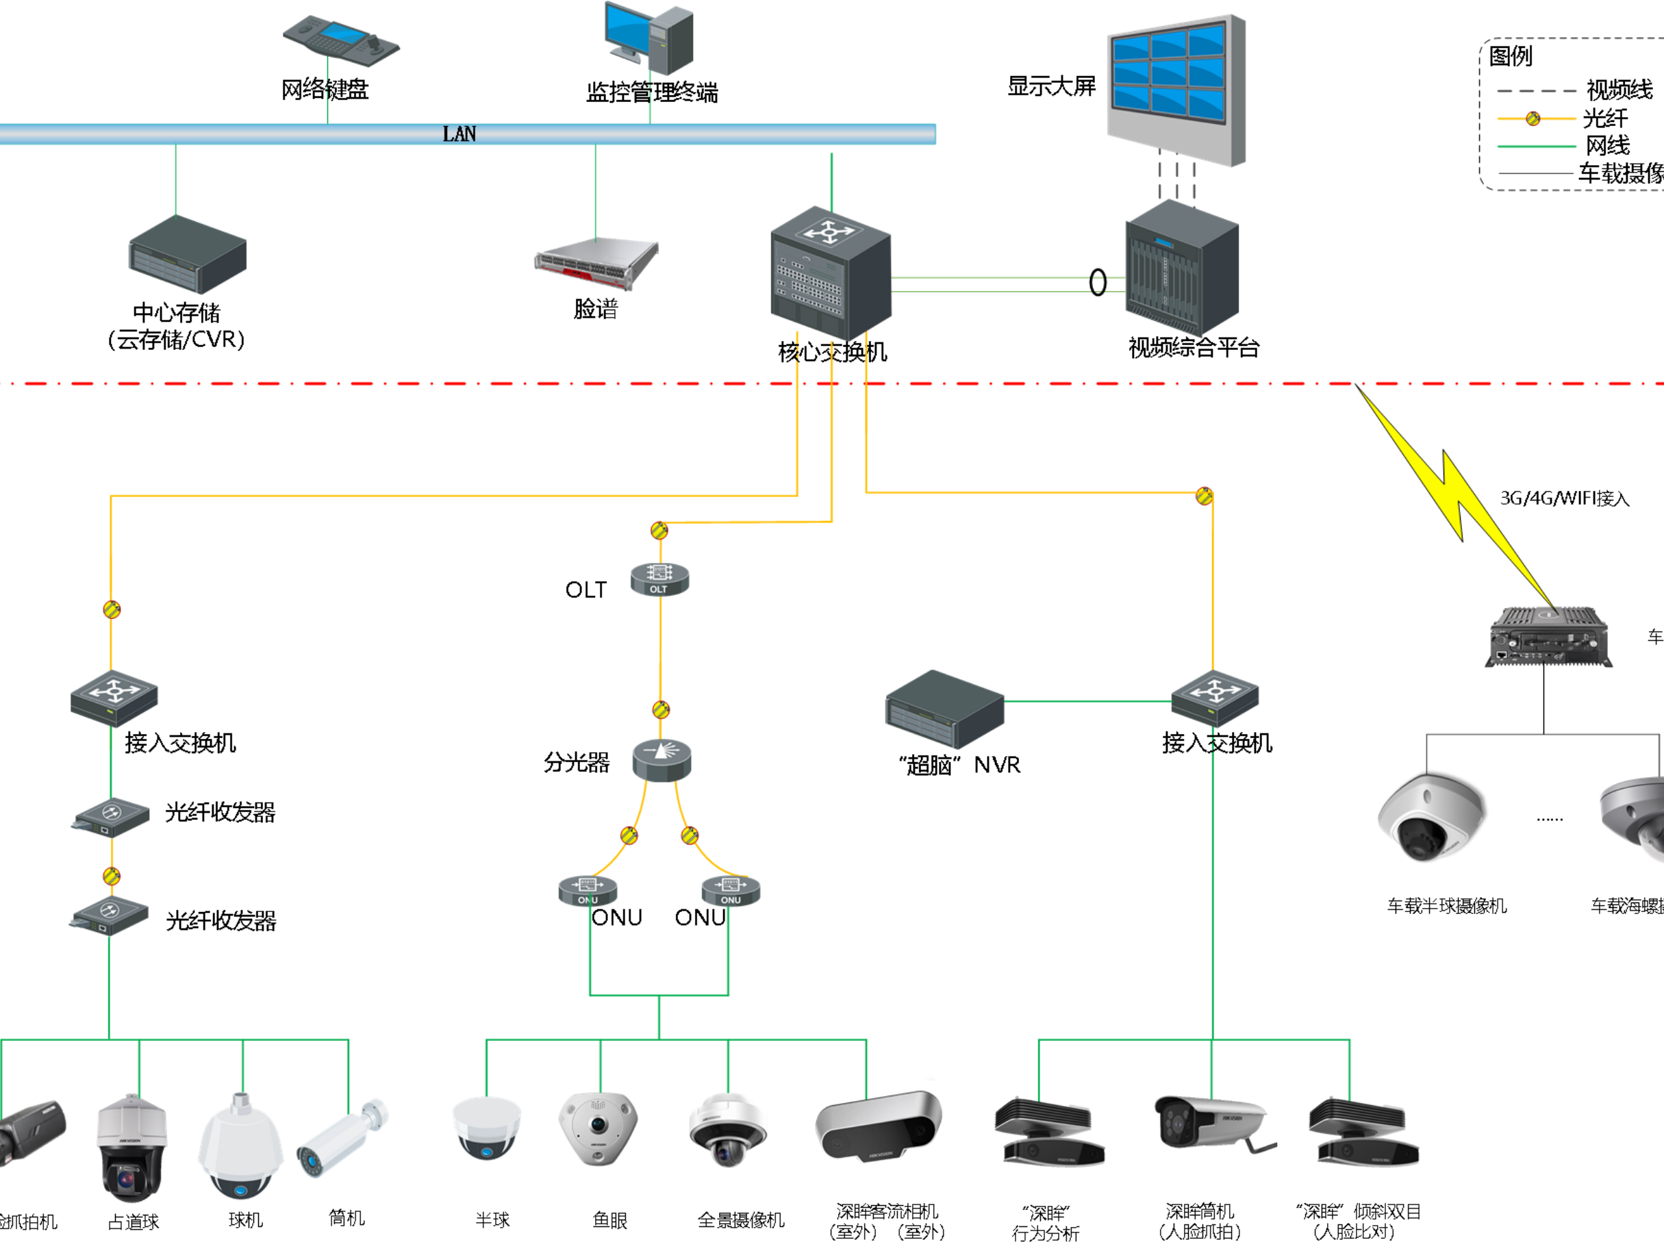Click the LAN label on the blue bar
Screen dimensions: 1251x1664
click(459, 135)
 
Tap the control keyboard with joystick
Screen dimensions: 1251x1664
click(342, 40)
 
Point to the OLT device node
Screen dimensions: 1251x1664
click(659, 579)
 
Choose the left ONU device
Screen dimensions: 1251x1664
click(588, 891)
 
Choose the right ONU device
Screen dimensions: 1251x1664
click(731, 891)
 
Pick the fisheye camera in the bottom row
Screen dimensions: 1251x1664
click(598, 1128)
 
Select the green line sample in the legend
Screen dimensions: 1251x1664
click(1536, 147)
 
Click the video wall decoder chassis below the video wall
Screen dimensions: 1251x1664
click(1182, 268)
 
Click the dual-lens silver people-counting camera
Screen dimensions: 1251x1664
click(878, 1126)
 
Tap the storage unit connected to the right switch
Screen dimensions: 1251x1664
click(945, 709)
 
